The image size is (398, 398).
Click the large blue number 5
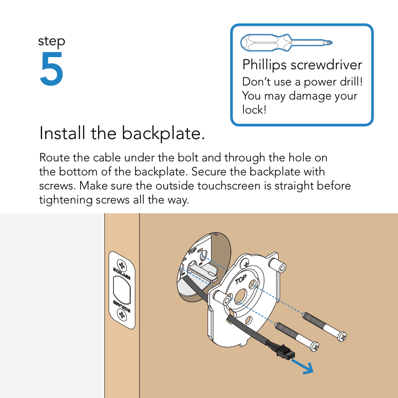pos(52,69)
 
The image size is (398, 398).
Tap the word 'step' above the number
pos(52,42)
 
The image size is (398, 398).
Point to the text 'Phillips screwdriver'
pos(302,65)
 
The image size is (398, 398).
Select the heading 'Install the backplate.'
pos(122,133)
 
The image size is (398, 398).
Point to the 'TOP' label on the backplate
pos(241,280)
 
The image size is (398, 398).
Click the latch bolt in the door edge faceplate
pos(122,290)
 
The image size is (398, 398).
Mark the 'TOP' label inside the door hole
pos(192,251)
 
